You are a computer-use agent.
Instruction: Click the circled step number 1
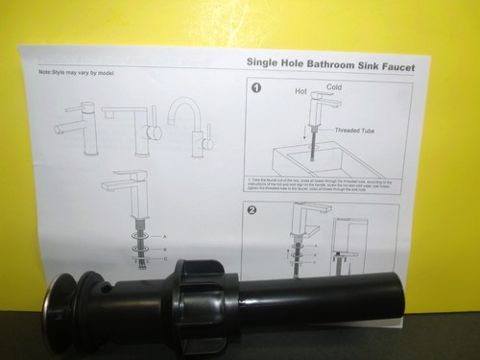pyautogui.click(x=256, y=89)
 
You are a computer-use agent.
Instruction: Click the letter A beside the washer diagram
pyautogui.click(x=164, y=235)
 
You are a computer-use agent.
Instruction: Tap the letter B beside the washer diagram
pyautogui.click(x=164, y=247)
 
